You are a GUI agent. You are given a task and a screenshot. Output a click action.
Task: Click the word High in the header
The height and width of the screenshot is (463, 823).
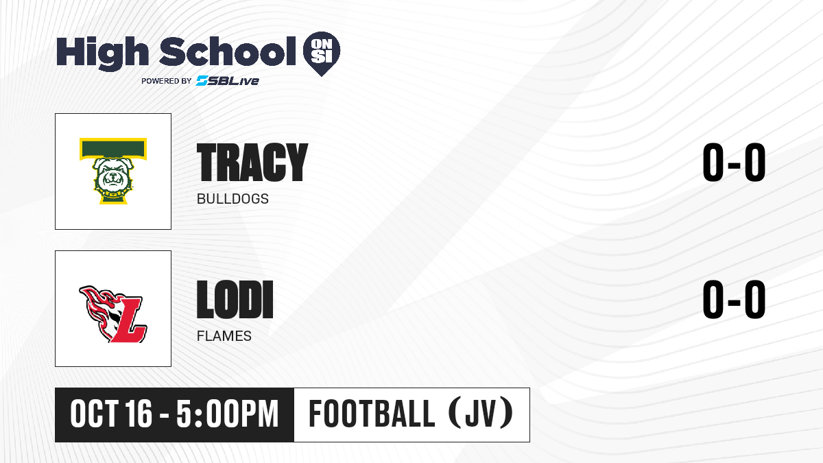[102, 53]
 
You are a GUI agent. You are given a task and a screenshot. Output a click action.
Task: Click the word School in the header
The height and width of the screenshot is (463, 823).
[228, 51]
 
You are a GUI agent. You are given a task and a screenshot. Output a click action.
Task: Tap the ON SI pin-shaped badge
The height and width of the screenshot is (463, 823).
[322, 54]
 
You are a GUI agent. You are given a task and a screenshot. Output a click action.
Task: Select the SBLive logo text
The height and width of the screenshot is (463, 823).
[228, 81]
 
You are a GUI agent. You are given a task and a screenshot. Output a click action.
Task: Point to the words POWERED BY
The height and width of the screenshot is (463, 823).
[166, 81]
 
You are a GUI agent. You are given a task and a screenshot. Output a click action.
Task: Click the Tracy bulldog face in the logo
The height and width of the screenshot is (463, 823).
[112, 176]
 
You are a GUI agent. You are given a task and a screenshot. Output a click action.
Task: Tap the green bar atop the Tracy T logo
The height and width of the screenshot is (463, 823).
[113, 149]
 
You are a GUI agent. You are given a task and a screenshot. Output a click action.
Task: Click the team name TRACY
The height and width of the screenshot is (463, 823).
[252, 162]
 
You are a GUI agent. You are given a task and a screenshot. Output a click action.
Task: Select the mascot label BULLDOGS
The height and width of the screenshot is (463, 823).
[232, 199]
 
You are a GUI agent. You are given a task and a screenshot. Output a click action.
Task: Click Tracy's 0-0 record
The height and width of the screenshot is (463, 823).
[734, 162]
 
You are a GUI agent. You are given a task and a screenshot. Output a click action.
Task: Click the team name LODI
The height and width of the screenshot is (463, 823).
[235, 299]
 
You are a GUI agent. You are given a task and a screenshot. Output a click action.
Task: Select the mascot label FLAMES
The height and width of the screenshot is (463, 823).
[224, 336]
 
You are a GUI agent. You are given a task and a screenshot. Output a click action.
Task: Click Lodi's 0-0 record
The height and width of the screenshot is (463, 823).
[734, 299]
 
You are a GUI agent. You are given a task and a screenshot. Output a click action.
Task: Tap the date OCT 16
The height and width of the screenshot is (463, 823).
[111, 414]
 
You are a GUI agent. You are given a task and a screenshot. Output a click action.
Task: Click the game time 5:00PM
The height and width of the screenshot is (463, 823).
[228, 414]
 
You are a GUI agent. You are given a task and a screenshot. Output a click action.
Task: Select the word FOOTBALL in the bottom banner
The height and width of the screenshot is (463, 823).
[372, 414]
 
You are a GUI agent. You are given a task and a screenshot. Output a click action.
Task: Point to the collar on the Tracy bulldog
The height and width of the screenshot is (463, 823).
[113, 193]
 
